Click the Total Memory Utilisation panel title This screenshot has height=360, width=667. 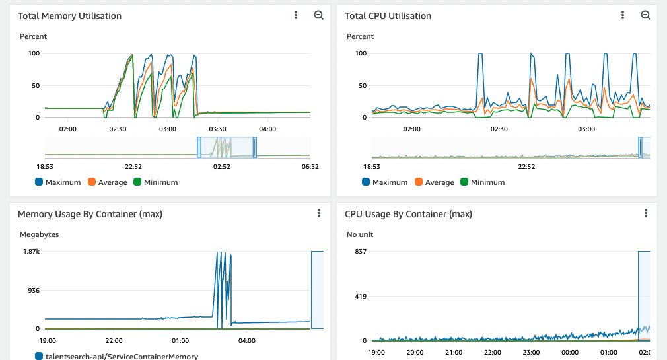[x=69, y=16]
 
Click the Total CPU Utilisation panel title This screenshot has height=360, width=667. [x=388, y=16]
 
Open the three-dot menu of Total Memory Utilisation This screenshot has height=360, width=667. [x=296, y=15]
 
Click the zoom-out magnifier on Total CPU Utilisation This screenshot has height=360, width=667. [x=645, y=15]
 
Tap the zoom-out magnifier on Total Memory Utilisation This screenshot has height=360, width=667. [x=318, y=15]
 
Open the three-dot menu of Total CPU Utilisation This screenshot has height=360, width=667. [x=623, y=15]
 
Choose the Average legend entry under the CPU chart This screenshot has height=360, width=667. [x=440, y=182]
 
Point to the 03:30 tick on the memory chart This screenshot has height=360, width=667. [x=217, y=129]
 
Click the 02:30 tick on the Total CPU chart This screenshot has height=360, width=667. [x=499, y=129]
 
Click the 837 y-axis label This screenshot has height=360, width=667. [x=361, y=252]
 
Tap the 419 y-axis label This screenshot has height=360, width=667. [x=361, y=297]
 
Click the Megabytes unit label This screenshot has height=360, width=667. [x=40, y=234]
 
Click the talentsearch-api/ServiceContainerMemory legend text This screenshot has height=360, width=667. [x=122, y=357]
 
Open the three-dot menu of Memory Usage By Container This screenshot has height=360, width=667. [x=319, y=213]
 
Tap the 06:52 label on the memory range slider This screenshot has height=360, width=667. [x=310, y=167]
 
